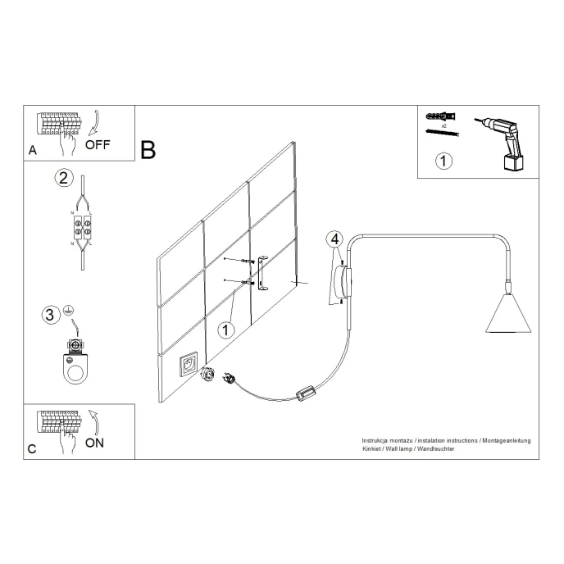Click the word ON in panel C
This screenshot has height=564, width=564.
coord(95,443)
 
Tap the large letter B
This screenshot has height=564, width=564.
coord(148,150)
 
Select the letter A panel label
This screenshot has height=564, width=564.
coord(32,151)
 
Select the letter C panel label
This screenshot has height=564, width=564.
coord(32,449)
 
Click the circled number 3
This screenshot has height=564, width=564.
coord(51,314)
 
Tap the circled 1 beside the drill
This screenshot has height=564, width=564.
coord(443,161)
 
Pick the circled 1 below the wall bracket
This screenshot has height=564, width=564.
coord(227,330)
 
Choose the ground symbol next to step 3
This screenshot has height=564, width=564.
coord(70,309)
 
